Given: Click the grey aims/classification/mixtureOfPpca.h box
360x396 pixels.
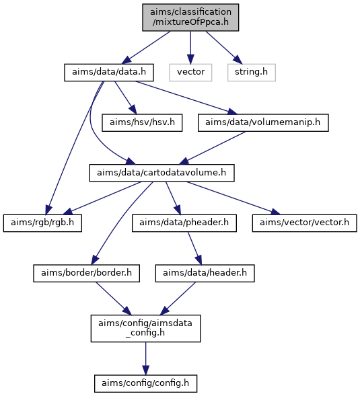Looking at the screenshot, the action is [x=190, y=17].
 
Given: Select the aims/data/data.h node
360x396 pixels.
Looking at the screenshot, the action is [x=109, y=73].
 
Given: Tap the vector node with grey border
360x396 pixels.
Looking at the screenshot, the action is [x=190, y=73].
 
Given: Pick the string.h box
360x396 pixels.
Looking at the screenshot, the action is [x=252, y=73].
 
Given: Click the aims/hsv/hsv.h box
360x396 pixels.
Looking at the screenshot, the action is [x=142, y=123].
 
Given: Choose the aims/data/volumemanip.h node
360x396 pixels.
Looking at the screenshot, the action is [x=263, y=123].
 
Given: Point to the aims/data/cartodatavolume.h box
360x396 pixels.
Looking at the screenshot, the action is [x=161, y=173].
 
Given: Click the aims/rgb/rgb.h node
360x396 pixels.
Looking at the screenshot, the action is [x=42, y=223].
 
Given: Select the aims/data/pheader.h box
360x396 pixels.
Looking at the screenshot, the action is [x=184, y=223].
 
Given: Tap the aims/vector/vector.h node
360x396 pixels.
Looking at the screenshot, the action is [x=304, y=223].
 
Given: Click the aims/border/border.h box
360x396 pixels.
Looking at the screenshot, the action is [x=86, y=273].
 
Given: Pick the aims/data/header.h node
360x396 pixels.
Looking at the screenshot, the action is [x=205, y=273].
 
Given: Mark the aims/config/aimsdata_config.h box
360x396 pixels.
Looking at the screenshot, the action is [x=146, y=328].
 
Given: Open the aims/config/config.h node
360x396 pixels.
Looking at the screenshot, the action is [x=145, y=383].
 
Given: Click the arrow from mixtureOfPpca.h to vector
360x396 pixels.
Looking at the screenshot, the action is [x=190, y=48].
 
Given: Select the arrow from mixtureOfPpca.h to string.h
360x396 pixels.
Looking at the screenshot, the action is [x=223, y=48].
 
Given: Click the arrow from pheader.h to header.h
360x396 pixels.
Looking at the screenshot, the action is [x=194, y=248].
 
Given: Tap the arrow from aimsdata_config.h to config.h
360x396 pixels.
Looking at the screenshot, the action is [x=145, y=358].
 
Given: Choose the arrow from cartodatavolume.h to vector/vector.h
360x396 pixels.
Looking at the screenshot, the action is [x=233, y=198].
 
